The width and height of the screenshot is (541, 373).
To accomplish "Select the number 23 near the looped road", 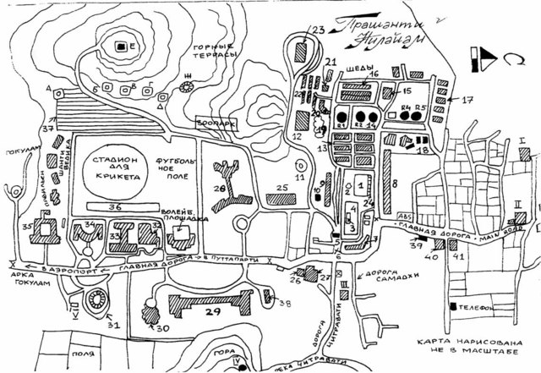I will (318, 31).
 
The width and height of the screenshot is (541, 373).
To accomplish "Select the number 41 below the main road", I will (459, 255).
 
